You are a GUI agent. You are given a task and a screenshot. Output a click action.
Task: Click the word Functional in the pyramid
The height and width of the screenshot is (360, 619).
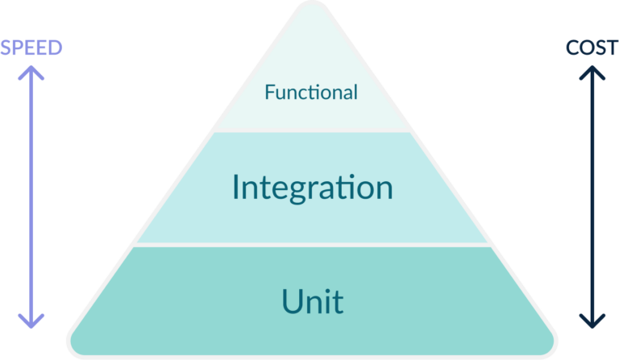pos(311,93)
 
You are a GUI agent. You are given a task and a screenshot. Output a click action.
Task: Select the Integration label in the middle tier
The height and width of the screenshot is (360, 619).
pos(312,188)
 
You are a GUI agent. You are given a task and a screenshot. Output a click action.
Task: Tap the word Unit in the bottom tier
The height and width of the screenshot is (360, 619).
pos(312,301)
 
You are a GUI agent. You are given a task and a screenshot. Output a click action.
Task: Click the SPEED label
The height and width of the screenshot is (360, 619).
pos(31,48)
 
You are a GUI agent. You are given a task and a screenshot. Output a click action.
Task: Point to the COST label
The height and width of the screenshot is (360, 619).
pos(592,48)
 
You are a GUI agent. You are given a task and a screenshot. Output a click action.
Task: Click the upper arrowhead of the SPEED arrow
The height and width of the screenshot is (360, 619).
pos(31,71)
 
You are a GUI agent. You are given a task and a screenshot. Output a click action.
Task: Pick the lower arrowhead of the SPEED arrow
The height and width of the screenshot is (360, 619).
pos(31,323)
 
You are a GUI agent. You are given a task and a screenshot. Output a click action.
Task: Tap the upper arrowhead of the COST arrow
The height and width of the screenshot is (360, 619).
pos(592,71)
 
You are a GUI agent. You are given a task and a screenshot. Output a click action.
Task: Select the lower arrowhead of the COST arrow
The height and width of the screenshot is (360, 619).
pos(592,323)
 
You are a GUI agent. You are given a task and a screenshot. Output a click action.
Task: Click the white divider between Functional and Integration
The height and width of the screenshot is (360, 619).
pos(313,131)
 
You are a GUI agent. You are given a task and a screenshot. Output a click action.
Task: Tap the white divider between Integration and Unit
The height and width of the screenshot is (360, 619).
pos(313,245)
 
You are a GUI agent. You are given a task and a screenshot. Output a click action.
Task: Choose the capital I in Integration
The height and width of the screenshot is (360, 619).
pos(236,188)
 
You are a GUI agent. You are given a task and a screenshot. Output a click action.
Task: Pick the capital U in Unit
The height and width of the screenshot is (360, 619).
pos(291,301)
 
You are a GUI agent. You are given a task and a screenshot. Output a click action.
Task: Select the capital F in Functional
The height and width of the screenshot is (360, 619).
pos(269,93)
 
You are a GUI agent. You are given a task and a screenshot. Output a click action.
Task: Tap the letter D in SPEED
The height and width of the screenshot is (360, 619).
pos(55,48)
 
